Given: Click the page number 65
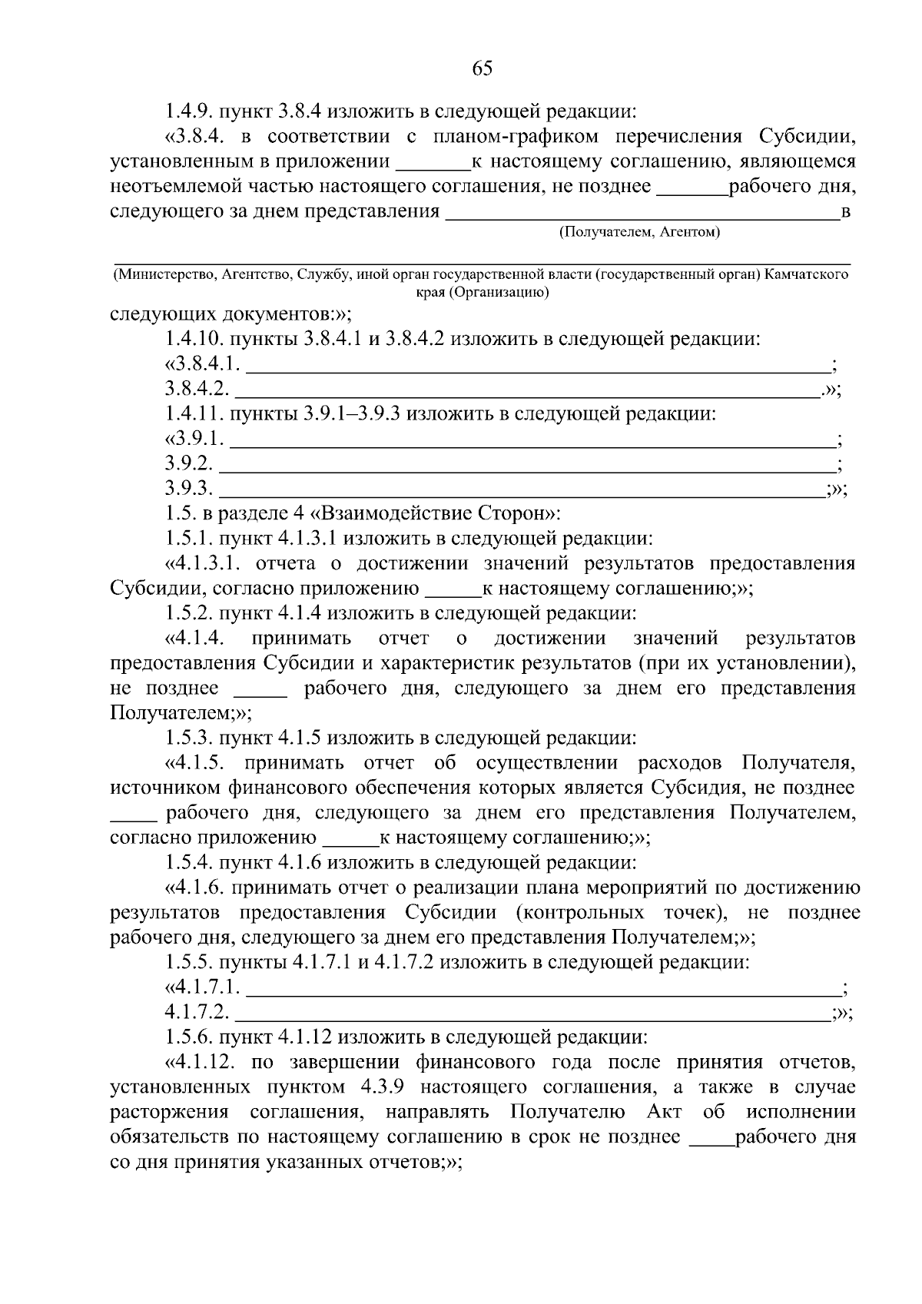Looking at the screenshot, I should click(482, 68).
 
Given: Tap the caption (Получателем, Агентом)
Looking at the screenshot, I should click(639, 232).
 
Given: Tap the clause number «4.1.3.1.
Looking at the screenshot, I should click(204, 564).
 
